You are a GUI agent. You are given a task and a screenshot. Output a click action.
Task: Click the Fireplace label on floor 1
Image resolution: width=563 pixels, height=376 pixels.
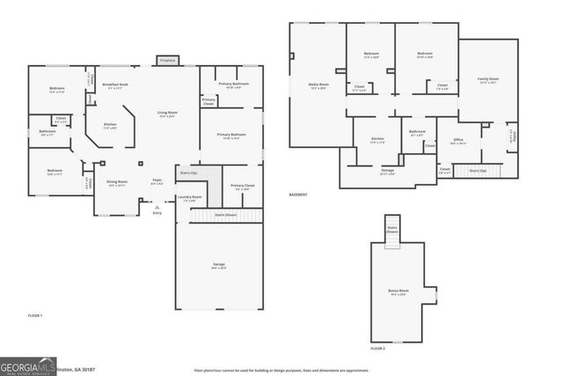click(x=166, y=61)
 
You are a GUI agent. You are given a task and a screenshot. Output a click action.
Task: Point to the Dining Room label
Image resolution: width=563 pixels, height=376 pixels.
click(x=117, y=183)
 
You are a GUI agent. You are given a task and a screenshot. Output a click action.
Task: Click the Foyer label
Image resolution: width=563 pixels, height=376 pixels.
click(x=157, y=181)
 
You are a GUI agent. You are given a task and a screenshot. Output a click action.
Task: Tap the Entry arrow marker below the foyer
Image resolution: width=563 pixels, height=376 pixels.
click(x=157, y=207)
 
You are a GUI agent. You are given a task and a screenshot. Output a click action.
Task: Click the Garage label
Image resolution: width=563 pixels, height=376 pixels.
click(x=218, y=266)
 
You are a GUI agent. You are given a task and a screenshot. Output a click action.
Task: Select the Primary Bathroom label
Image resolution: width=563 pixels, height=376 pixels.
click(x=239, y=85)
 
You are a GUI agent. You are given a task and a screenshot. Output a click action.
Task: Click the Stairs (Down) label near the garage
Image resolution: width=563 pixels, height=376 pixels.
click(x=226, y=214)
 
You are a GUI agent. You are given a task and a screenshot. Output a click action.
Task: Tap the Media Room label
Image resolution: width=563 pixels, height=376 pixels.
click(x=318, y=85)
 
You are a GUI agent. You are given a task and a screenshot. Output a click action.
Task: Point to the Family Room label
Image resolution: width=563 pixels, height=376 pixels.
click(x=487, y=80)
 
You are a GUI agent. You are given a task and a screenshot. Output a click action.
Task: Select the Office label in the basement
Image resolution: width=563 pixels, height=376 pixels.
click(x=458, y=139)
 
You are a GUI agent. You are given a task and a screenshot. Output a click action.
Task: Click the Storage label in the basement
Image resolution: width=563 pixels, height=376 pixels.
click(x=387, y=172)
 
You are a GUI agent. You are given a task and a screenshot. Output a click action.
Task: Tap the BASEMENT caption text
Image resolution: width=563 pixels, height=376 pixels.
click(x=299, y=195)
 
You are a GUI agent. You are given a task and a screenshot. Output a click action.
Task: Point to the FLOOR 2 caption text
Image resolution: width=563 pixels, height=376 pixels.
click(x=377, y=349)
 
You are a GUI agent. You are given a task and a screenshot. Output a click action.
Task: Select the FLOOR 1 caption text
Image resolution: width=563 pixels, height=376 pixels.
click(x=34, y=314)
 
